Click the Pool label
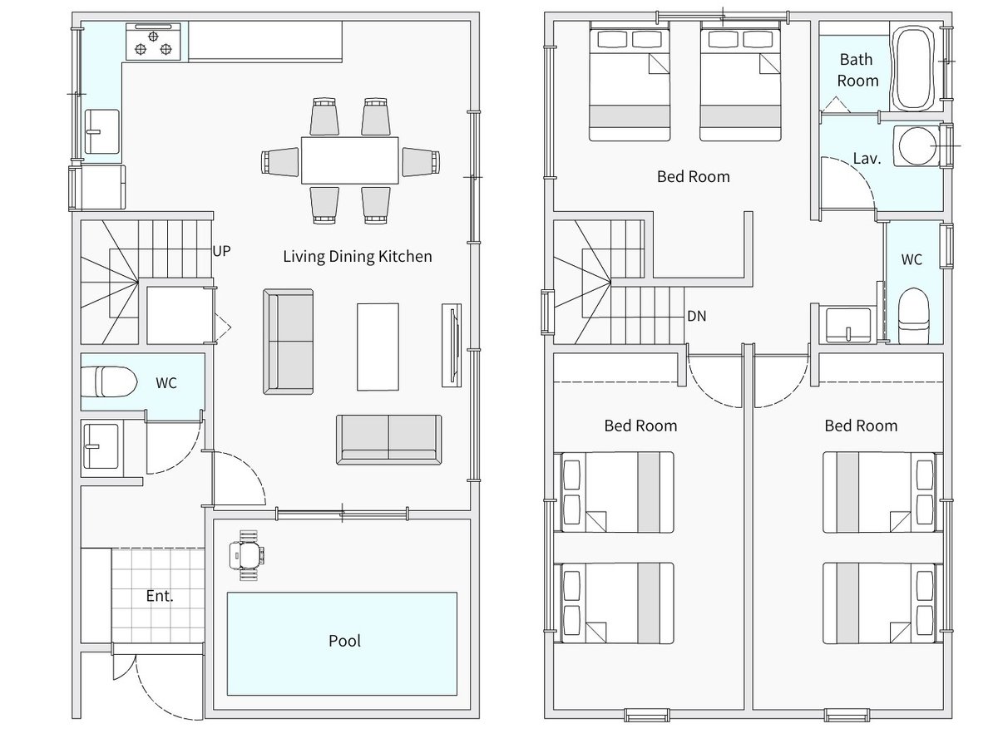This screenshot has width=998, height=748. tap(344, 641)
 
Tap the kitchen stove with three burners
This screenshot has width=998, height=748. tap(153, 42)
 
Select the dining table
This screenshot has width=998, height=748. tap(349, 160)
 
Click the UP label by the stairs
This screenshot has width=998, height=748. tap(221, 251)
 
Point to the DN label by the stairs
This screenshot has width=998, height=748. tap(697, 316)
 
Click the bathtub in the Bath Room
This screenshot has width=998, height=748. tap(914, 67)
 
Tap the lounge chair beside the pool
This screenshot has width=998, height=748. tap(247, 555)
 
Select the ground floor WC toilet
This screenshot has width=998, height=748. tap(109, 381)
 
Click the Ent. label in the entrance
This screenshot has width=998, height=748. tap(160, 596)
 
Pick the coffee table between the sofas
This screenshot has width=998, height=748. tap(378, 347)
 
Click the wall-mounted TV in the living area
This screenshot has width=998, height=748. tap(452, 346)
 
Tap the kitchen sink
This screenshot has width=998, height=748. tap(102, 131)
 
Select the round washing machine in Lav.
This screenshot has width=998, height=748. tap(916, 145)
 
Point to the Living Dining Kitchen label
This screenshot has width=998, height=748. tap(358, 257)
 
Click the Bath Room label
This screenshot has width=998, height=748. tap(857, 70)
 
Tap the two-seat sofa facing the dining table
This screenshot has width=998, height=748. tap(388, 440)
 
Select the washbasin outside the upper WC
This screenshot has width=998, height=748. tap(848, 325)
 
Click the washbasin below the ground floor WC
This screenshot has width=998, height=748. tap(101, 446)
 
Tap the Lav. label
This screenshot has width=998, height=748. tap(867, 159)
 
